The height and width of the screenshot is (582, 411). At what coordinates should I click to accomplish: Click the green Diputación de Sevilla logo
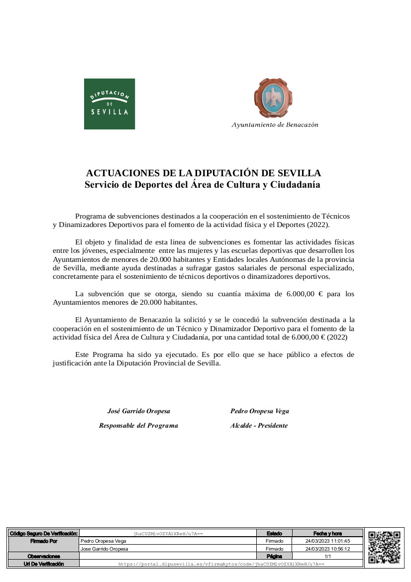point(109,104)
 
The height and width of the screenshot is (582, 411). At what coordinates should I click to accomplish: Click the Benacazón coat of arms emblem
point(273,99)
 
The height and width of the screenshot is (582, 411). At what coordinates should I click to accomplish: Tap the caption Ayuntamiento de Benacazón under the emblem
point(275,124)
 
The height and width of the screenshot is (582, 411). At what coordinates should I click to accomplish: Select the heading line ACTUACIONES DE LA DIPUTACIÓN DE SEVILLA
point(204,173)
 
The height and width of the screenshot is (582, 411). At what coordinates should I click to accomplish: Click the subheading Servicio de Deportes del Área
point(203,185)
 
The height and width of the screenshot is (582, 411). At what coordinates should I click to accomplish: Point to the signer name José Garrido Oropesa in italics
point(139,411)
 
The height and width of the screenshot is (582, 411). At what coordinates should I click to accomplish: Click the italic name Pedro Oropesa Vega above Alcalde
point(259,411)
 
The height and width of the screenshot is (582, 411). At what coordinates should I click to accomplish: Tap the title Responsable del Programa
point(138,426)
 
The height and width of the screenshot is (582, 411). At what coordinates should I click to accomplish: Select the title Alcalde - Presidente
point(259,426)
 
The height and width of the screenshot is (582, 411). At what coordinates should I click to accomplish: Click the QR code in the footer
point(384,547)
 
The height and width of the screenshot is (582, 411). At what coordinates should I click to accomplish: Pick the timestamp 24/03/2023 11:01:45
point(327,541)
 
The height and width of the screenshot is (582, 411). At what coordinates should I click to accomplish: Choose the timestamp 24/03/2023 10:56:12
point(327,549)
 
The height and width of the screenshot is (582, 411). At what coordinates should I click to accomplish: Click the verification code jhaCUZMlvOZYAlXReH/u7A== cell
point(168,534)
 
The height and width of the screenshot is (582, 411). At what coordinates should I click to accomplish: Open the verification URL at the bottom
point(221,564)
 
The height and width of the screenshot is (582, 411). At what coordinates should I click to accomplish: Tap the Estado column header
point(274,534)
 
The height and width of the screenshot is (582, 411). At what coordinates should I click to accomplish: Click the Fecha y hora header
point(327,534)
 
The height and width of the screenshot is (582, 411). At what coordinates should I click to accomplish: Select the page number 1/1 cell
point(327,556)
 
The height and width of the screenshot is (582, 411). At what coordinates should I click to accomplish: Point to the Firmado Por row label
point(44,541)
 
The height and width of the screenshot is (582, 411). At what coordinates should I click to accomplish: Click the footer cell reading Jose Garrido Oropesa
point(104,549)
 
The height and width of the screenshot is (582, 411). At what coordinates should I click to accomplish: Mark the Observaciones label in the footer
point(44,556)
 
